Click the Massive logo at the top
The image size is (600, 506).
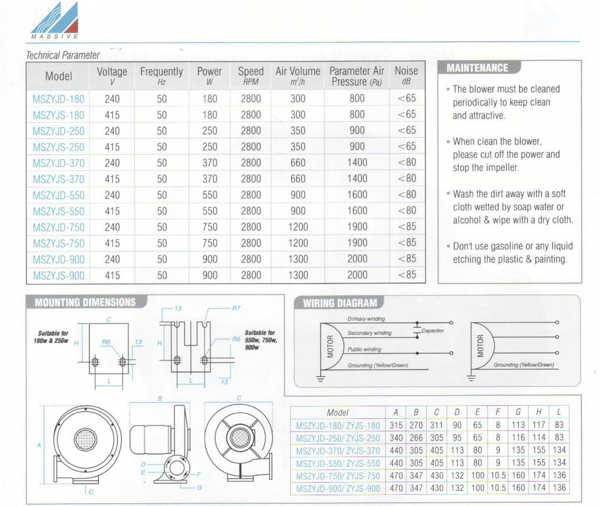point(54,20)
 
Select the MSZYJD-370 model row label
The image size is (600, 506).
point(58,163)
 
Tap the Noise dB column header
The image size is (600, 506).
point(406,75)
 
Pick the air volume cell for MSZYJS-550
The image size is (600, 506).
point(297,211)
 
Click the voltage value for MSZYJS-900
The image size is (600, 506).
point(112,275)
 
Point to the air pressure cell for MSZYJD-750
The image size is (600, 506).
point(357,227)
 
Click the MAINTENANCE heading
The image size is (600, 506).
point(477,68)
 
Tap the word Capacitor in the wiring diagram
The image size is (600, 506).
point(432,330)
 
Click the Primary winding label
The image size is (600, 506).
point(366,318)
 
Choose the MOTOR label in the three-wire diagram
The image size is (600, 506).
point(480,346)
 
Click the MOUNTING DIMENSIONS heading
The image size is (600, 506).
point(85,302)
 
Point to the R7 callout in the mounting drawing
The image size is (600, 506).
point(236,308)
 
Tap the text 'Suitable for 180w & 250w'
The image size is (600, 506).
point(51,337)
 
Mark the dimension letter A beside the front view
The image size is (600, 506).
point(39,445)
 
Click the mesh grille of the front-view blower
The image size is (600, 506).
point(85,439)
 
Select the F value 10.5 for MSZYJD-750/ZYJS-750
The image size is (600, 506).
point(497,475)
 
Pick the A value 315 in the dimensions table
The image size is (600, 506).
point(396,425)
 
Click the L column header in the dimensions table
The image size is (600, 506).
point(559,412)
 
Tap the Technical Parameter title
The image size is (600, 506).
point(63,55)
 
